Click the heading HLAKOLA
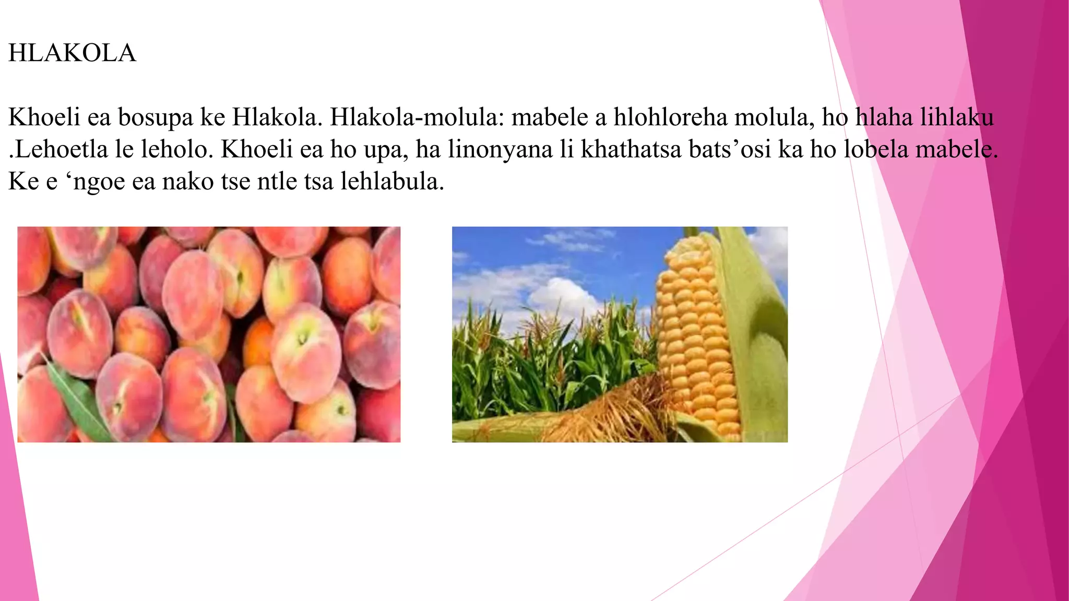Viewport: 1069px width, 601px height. pos(72,53)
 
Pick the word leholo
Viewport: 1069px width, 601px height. pos(177,149)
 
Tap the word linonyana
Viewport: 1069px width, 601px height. pos(500,149)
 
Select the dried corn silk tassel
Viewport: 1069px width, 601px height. pos(616,412)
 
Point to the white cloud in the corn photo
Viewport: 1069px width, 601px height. pos(564,297)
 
